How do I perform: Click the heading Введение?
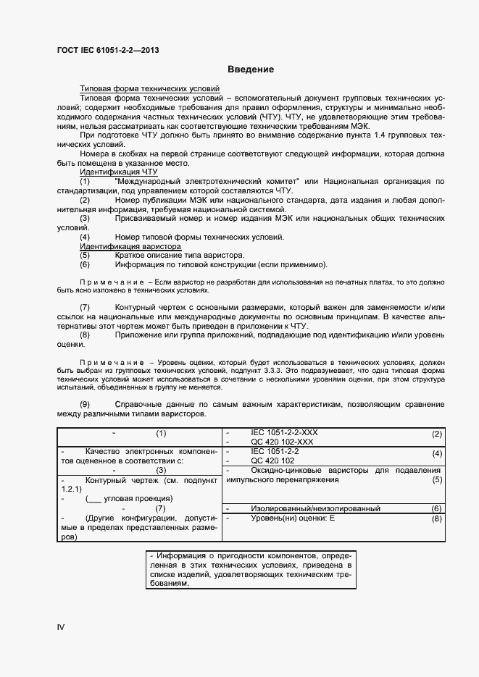pos(250,70)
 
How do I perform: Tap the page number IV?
pos(61,626)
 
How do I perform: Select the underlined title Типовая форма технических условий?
pos(149,87)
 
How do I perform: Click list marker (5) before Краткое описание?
pos(85,256)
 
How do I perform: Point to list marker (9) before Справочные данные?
pos(85,403)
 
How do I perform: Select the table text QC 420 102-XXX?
pos(282,442)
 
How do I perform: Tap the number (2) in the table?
pos(436,434)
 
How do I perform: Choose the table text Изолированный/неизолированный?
pos(315,509)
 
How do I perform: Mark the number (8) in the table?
pos(436,519)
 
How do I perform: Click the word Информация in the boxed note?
pos(178,555)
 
